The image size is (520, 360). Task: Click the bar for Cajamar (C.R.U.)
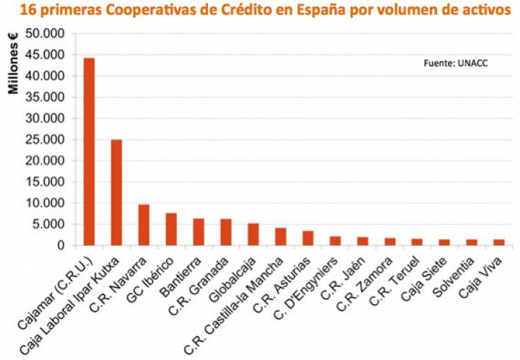coord(89,152)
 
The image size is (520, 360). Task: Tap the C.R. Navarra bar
coord(144,225)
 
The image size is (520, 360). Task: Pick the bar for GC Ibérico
coord(171,229)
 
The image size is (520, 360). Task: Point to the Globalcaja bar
coord(253,234)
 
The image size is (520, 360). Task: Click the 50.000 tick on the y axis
coord(45,34)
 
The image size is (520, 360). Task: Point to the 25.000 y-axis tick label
coord(45,140)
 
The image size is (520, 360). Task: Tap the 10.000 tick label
coord(45,203)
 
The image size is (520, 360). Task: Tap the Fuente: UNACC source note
coord(456,64)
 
